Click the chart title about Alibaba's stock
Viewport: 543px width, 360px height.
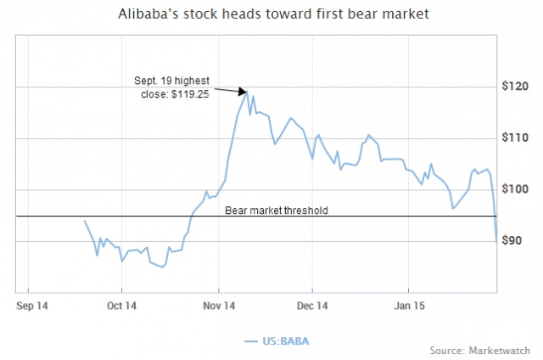tap(271, 14)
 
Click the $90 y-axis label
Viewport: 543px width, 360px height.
tap(513, 242)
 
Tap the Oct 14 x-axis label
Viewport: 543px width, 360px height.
tap(121, 305)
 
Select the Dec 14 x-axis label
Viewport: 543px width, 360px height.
tap(311, 305)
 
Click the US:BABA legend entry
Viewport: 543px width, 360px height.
tap(271, 340)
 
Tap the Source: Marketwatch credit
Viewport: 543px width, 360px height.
tap(479, 350)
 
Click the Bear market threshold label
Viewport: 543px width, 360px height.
tap(276, 209)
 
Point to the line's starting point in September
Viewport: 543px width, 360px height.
tap(84, 221)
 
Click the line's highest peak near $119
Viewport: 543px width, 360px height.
tap(247, 90)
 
